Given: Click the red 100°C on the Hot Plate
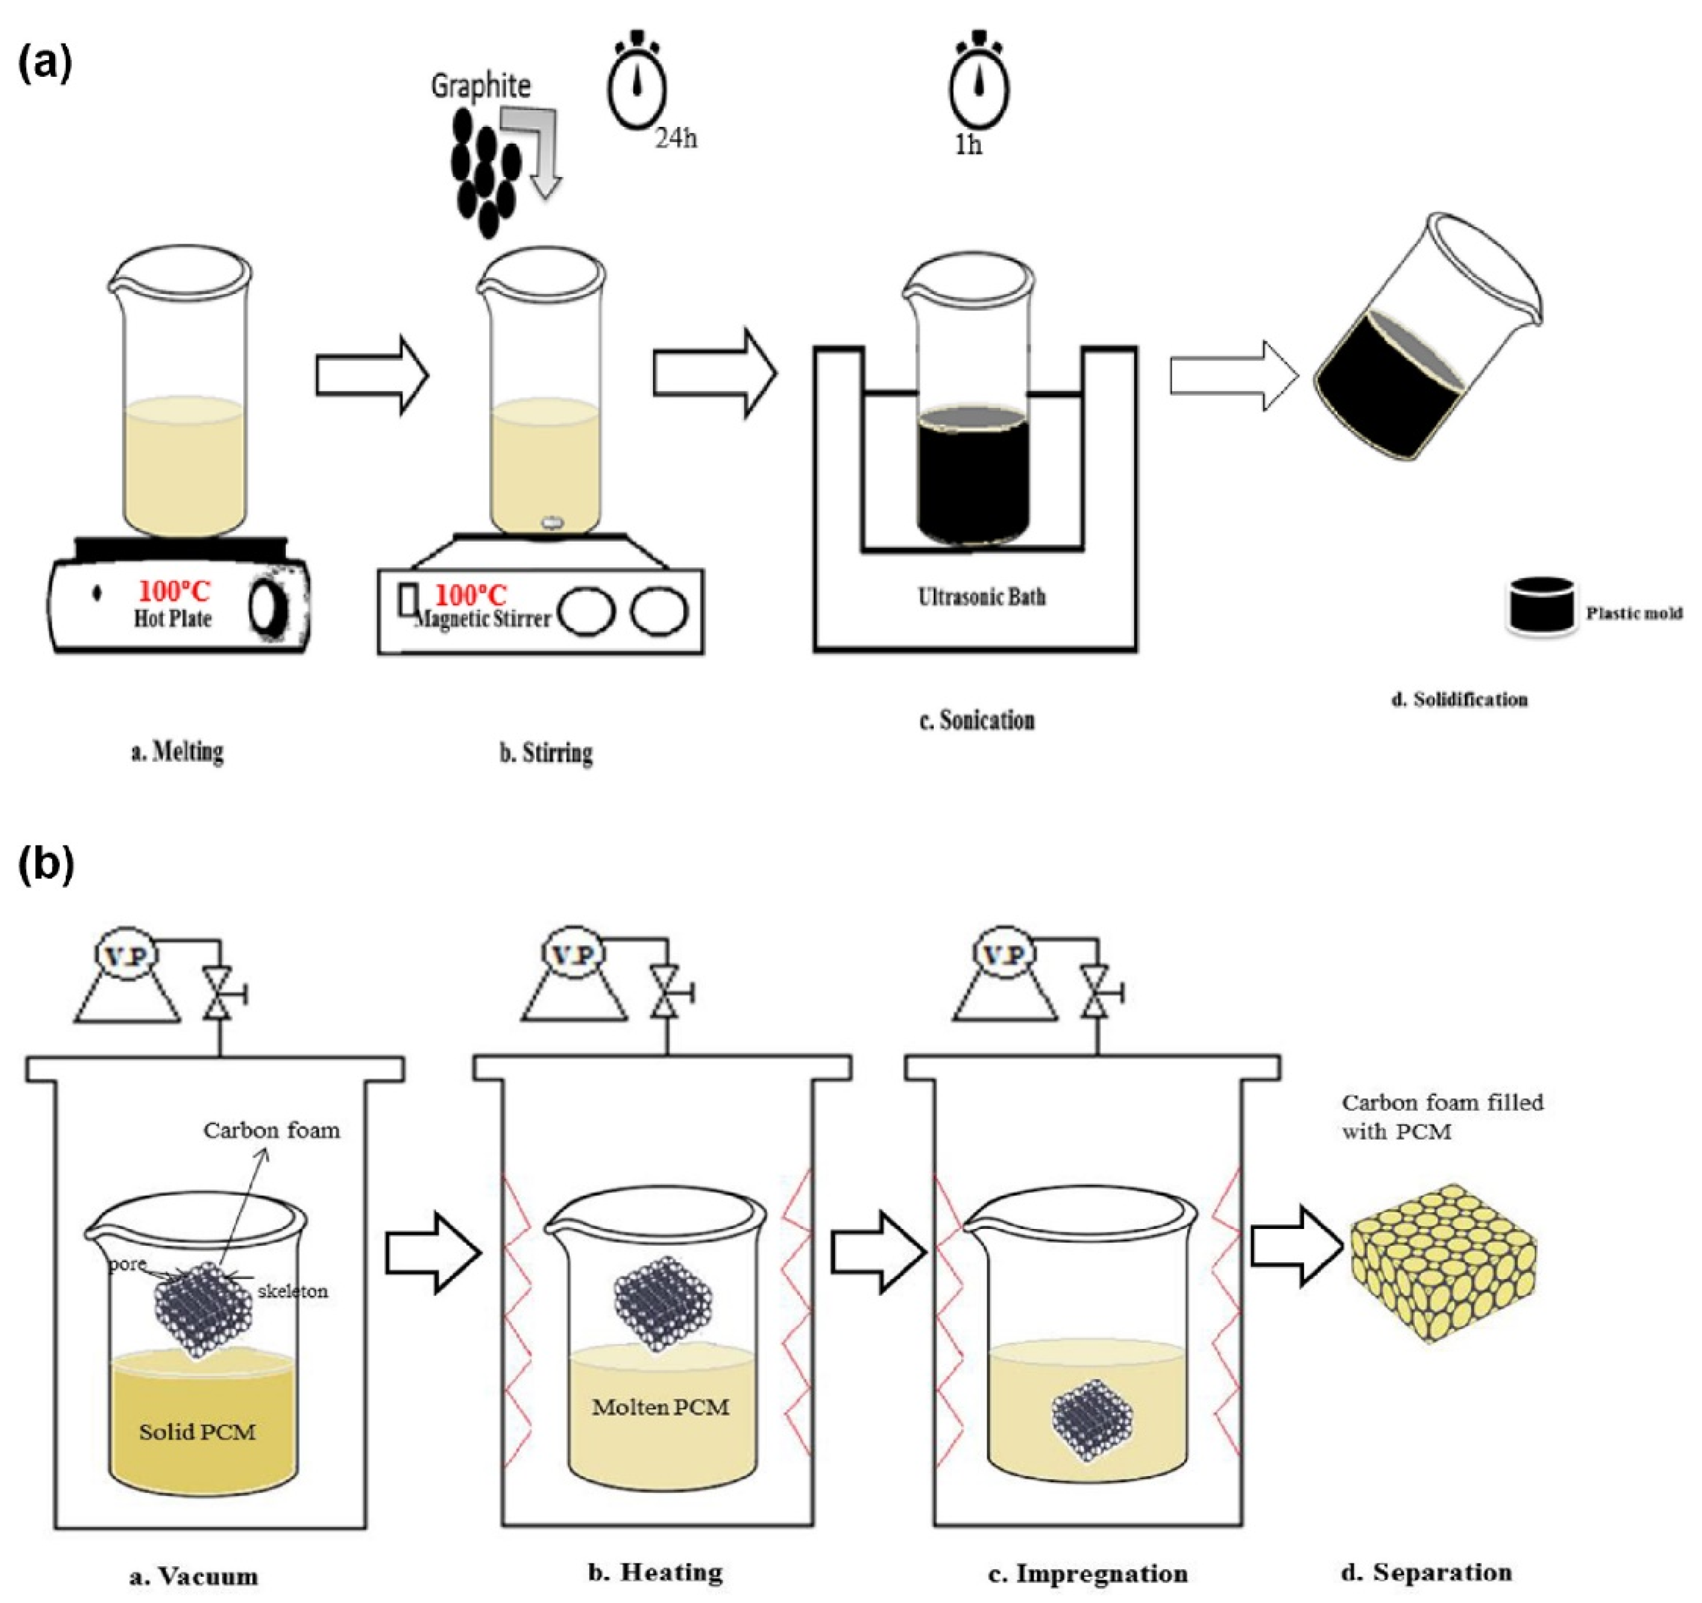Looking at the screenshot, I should point(174,591).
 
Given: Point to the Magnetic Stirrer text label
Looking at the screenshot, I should point(482,618).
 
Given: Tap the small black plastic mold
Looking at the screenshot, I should point(1540,606).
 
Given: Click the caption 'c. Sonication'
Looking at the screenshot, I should point(977,720).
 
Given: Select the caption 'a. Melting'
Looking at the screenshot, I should point(177,752).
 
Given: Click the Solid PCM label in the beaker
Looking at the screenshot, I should point(197,1432).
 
